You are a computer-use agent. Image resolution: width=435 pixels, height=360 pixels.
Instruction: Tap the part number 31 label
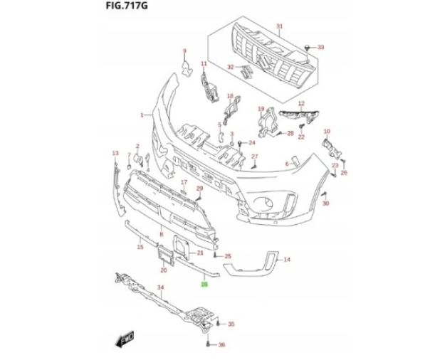pos(280,26)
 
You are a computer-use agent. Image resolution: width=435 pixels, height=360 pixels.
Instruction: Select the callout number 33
pos(320,47)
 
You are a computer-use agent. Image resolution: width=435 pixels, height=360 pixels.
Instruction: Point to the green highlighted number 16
pos(204,285)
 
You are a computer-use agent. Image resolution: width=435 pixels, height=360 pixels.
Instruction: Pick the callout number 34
pos(160,288)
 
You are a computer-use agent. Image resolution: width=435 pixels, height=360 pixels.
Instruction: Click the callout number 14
pos(288,260)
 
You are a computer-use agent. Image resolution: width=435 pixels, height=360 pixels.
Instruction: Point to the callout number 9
pos(184,51)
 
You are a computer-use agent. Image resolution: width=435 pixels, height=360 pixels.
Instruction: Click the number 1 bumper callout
pos(142,115)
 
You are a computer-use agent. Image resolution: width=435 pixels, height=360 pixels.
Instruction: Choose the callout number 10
pos(327,132)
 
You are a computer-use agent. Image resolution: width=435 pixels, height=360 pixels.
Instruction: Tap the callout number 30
pos(326,204)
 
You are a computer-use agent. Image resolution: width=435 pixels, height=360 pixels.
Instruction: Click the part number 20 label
pos(164,270)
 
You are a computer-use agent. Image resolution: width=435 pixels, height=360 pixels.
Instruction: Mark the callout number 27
pos(254,156)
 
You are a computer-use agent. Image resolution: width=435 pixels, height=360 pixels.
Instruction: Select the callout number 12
pos(301,104)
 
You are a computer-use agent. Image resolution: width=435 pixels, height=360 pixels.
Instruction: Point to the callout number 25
pos(228,256)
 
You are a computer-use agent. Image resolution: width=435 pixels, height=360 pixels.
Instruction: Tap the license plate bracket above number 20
pos(164,254)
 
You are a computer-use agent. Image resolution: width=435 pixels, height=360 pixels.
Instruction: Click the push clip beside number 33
pos(307,47)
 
